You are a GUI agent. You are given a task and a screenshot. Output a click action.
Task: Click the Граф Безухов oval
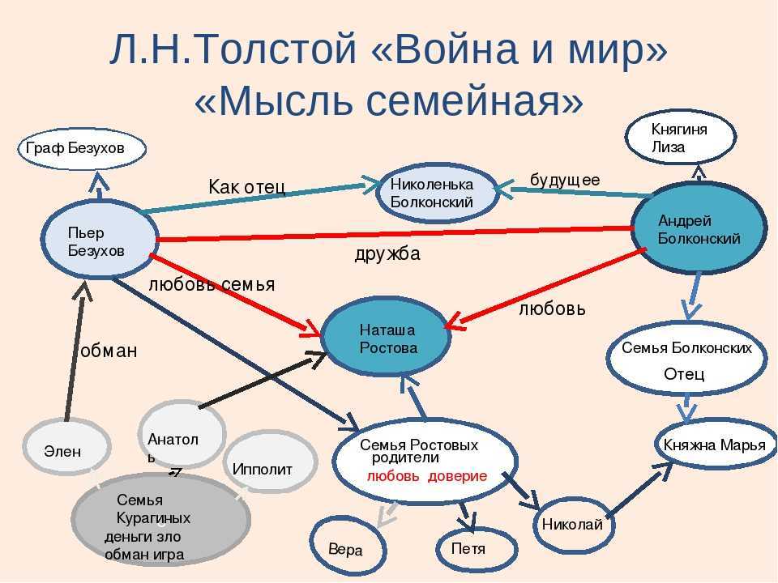pos(81,148)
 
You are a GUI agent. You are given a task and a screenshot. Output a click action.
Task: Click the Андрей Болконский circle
pos(699,230)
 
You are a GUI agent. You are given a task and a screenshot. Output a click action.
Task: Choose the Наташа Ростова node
pos(387,339)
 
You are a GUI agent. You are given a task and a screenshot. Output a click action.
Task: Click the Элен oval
pos(62,451)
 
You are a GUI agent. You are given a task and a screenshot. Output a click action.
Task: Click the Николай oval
pos(571,524)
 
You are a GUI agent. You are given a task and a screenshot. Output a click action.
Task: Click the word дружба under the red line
pos(387,254)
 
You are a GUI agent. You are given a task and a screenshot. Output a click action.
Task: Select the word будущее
pos(565,180)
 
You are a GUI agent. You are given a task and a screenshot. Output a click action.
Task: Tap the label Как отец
pos(246,187)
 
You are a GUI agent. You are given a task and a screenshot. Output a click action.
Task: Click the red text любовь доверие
pos(426,476)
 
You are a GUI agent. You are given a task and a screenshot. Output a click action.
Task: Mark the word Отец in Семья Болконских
pos(684,374)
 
